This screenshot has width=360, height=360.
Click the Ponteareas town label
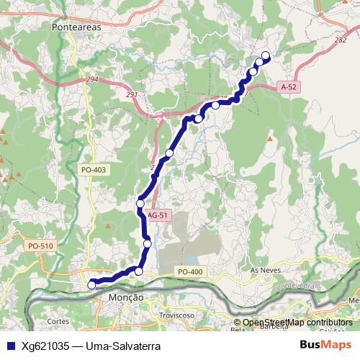click(80, 27)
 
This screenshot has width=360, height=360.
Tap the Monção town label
click(125, 297)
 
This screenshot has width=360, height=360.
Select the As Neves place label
click(264, 269)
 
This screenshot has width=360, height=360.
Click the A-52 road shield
click(289, 86)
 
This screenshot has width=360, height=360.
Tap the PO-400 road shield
click(191, 271)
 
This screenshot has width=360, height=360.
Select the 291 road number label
click(130, 94)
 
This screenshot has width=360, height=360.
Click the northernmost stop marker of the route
click(265, 55)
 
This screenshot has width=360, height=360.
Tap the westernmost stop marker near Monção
click(91, 285)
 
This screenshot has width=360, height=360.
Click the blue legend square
click(10, 345)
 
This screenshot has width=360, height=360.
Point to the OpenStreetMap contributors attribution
click(297, 323)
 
